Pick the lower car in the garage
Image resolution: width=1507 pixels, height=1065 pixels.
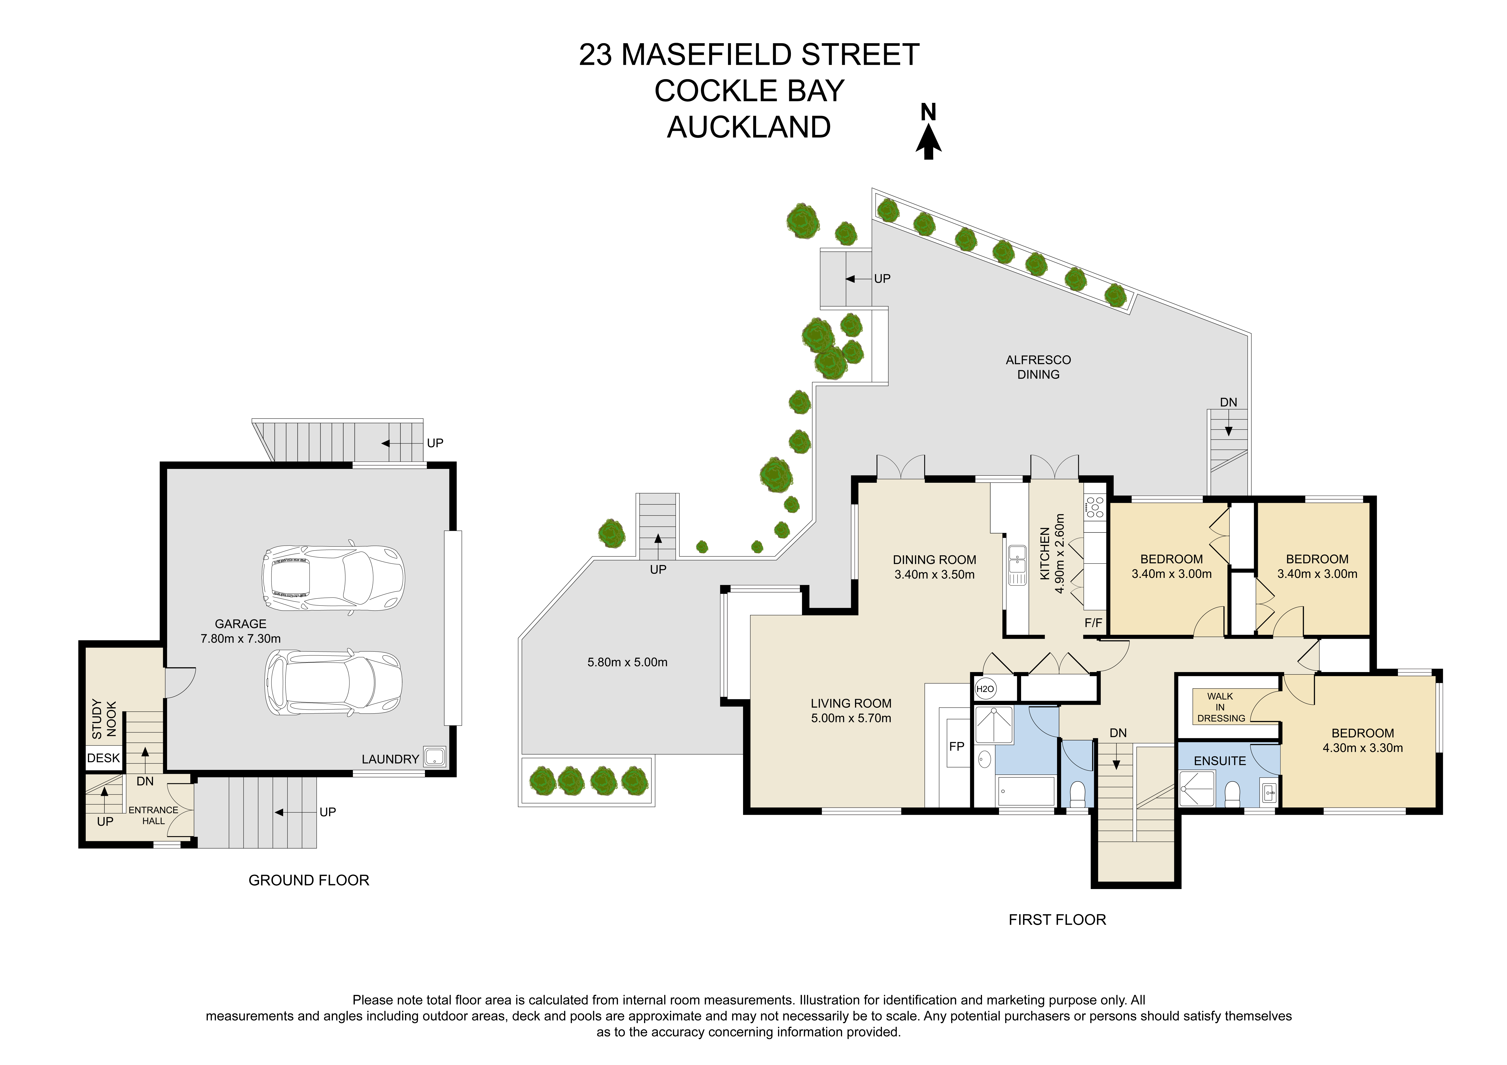tap(333, 682)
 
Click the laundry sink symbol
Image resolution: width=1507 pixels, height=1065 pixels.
tap(434, 757)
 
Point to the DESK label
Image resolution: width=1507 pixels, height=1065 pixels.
tap(104, 758)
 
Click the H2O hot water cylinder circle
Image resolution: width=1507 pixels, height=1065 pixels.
tap(985, 688)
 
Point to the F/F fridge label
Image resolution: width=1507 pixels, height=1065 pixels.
tap(1093, 623)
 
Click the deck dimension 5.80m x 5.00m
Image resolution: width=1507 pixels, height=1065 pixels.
tap(627, 663)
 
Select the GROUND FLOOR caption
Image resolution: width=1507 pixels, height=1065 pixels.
tap(309, 881)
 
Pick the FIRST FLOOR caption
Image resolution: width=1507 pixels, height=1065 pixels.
tap(1057, 920)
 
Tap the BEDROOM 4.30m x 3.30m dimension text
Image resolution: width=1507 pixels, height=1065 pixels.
tap(1363, 748)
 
